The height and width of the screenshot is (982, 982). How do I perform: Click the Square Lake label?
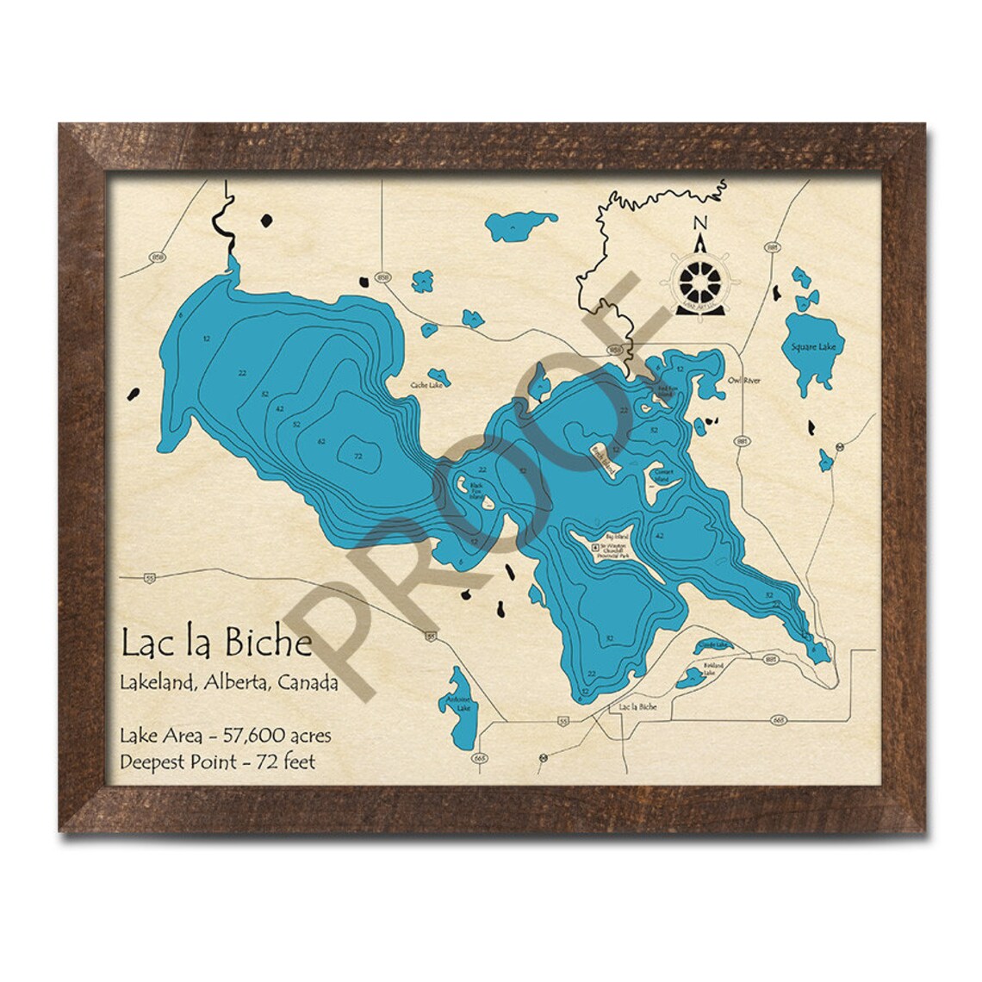click(x=803, y=347)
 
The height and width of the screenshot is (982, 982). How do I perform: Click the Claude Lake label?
click(x=714, y=644)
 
